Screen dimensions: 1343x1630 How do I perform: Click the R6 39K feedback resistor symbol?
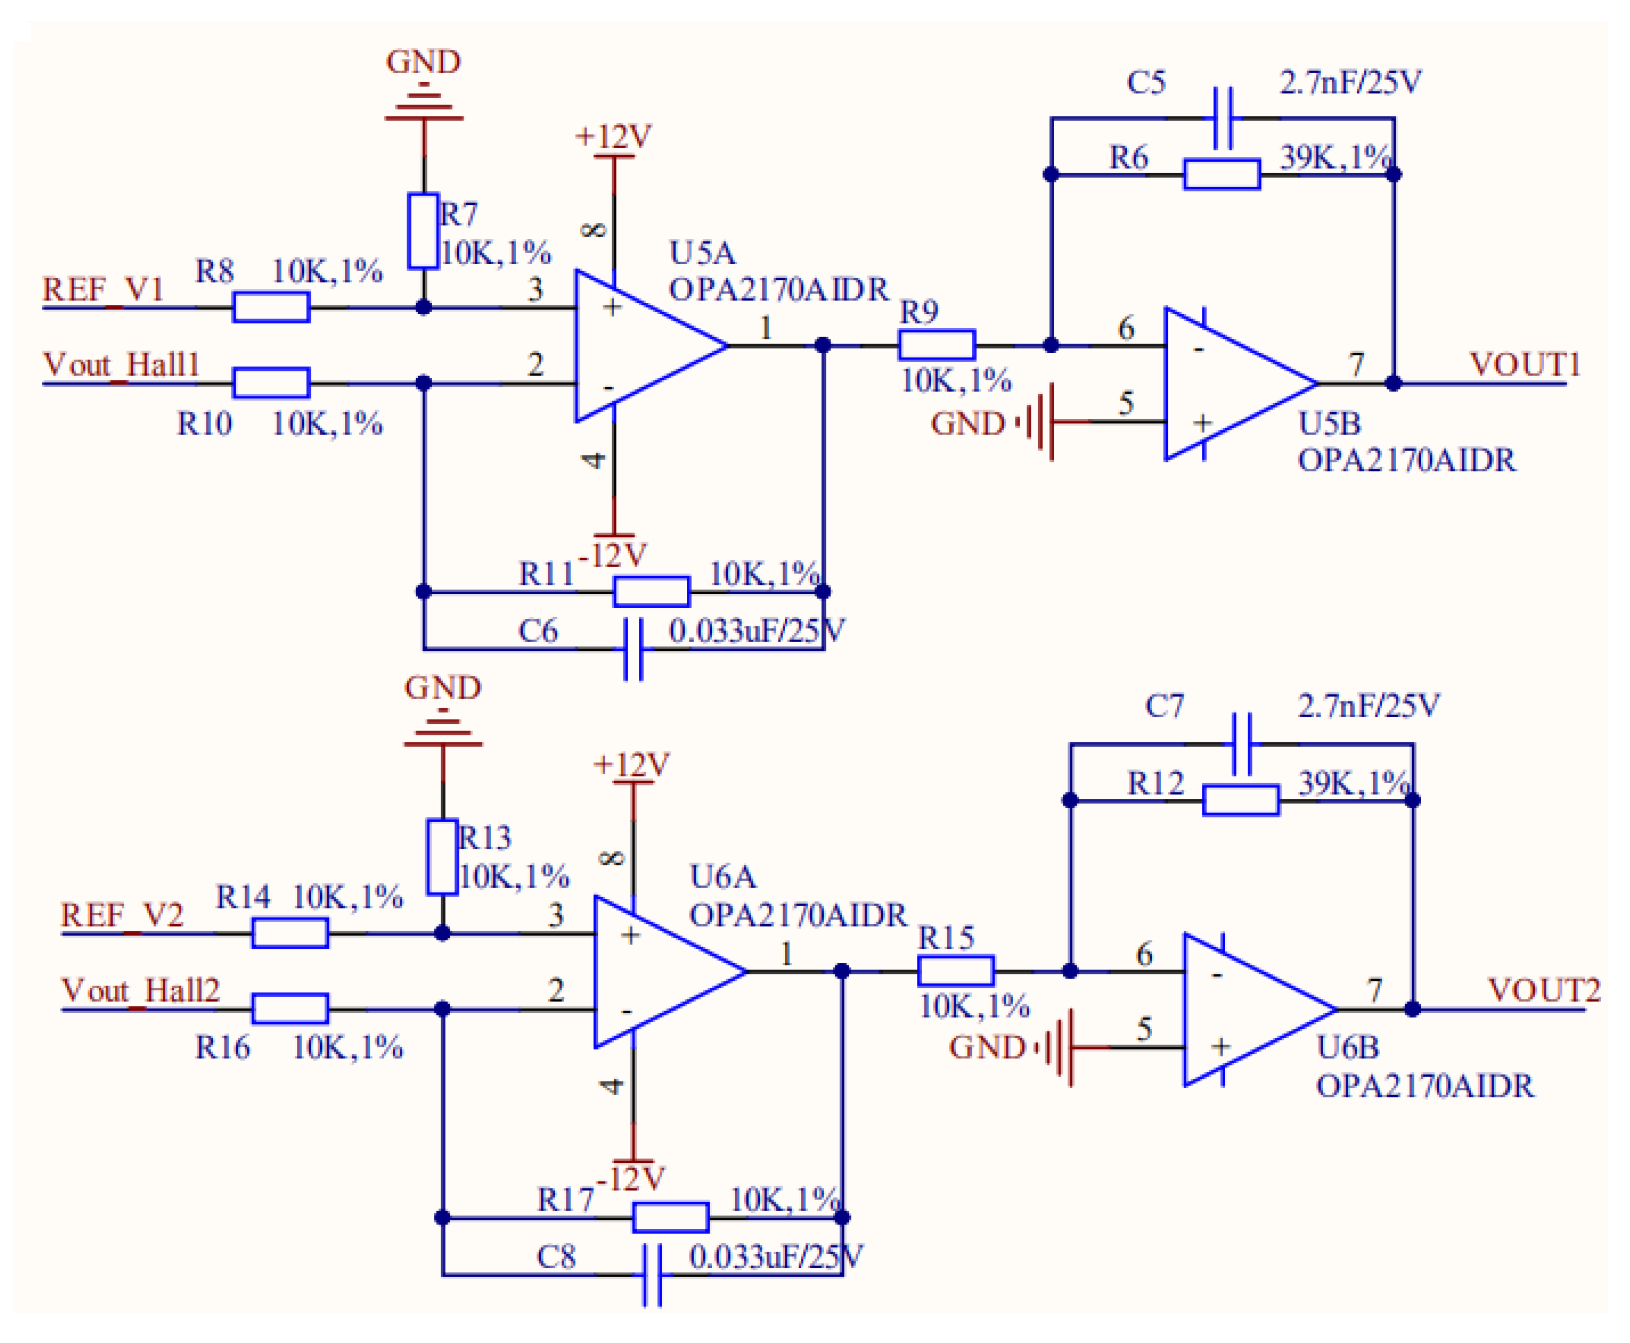pyautogui.click(x=1222, y=174)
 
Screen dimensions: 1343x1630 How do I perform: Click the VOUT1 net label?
pyautogui.click(x=1524, y=364)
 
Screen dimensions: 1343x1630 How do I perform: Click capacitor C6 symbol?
pyautogui.click(x=633, y=648)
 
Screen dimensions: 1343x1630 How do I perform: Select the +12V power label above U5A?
pyautogui.click(x=613, y=137)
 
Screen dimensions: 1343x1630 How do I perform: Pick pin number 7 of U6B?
pyautogui.click(x=1374, y=990)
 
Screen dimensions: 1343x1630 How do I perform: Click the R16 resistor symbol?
pyautogui.click(x=290, y=1009)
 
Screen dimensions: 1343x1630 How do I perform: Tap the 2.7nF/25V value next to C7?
pyautogui.click(x=1368, y=706)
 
